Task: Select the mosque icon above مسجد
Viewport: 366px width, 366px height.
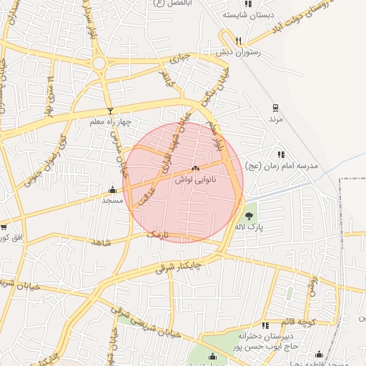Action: [112, 189]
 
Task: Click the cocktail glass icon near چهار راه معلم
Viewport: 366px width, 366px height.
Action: [110, 111]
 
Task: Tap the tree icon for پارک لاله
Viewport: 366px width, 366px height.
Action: [249, 216]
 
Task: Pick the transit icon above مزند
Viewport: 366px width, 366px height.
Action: [275, 108]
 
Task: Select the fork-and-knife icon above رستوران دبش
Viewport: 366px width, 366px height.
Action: [238, 40]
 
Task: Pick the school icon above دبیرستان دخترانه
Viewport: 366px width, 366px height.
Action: [265, 325]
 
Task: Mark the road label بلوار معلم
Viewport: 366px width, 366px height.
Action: [214, 137]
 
